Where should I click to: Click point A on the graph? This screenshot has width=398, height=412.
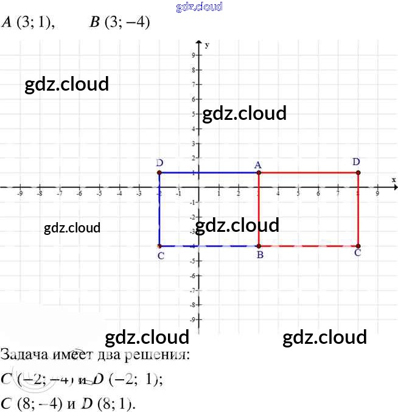(259, 173)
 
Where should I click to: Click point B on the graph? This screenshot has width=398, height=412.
(259, 246)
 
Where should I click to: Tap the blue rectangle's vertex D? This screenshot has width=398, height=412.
(159, 173)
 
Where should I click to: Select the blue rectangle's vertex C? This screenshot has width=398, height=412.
(159, 246)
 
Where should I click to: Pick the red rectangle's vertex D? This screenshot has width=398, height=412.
(358, 173)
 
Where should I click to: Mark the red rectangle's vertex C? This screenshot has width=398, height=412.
(358, 246)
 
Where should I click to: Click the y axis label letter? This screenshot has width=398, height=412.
(208, 45)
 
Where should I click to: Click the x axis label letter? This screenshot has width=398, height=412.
(394, 180)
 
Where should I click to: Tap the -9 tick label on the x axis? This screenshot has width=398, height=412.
(20, 194)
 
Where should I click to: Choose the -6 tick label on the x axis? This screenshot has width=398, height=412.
(79, 194)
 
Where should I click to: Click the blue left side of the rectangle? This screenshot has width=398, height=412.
(159, 209)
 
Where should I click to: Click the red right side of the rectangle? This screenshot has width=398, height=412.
(358, 209)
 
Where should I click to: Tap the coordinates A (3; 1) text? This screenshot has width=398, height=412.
(28, 23)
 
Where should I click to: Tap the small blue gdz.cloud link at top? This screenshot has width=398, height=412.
(198, 7)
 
